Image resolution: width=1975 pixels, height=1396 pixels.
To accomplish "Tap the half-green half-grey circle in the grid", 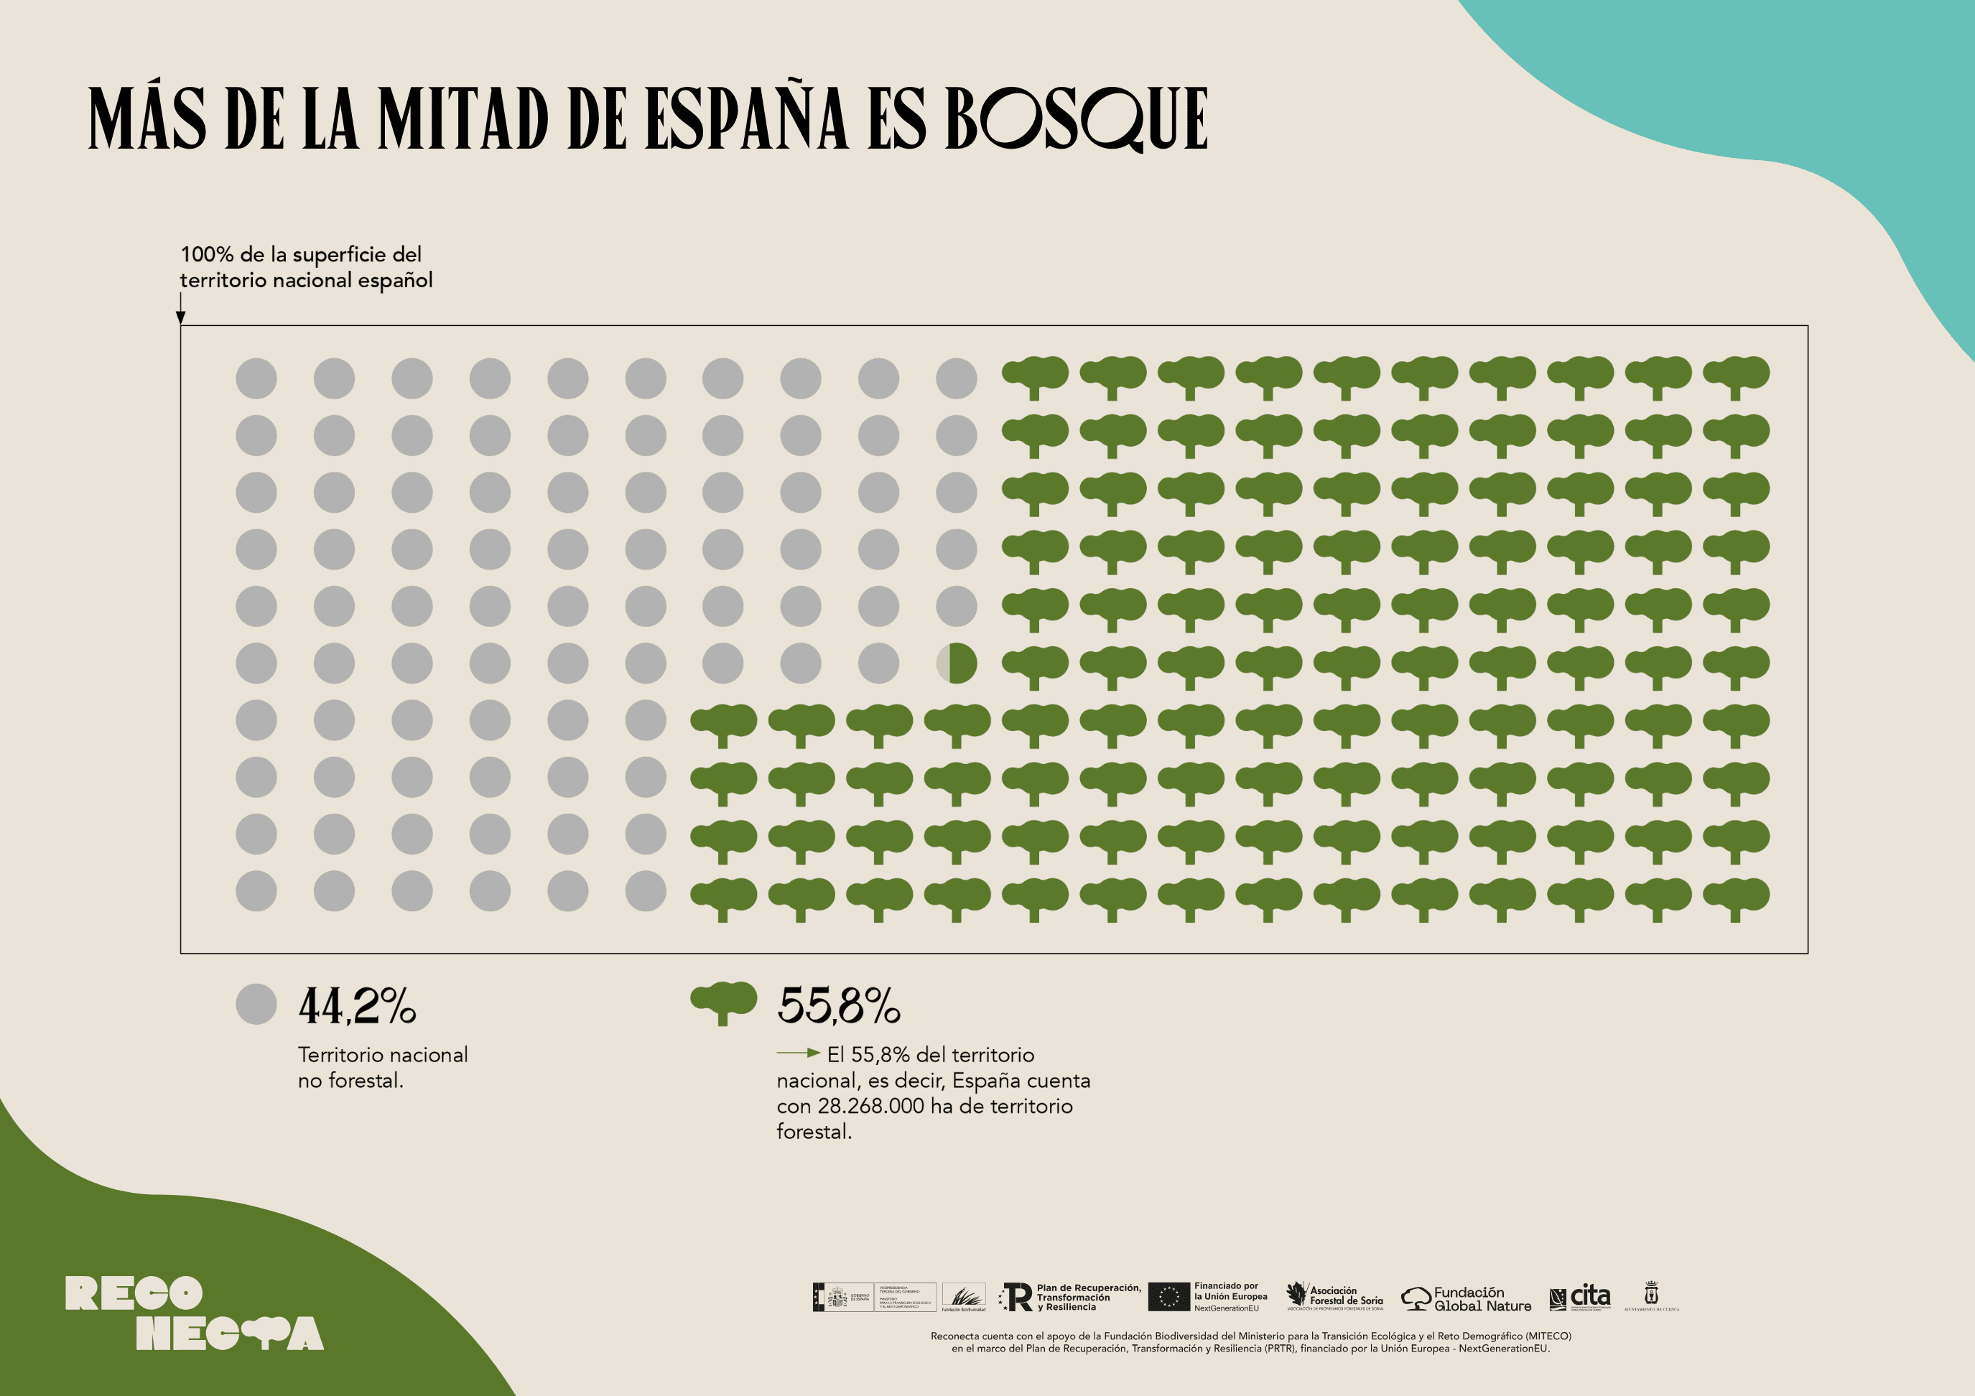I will point(957,663).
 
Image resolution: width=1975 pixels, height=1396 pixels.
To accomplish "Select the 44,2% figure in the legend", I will point(357,1005).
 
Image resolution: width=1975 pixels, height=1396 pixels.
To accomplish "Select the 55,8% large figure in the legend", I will point(838,1005).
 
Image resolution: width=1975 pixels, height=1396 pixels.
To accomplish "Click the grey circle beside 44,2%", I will point(256,1004).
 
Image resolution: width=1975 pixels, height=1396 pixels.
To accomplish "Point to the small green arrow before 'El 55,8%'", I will point(798,1053).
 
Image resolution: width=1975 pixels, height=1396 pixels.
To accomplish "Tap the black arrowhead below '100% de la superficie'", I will point(181,317).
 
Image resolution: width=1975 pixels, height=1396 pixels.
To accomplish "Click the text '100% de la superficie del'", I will point(301,255).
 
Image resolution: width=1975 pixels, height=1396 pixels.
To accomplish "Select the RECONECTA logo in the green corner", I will point(193,1313).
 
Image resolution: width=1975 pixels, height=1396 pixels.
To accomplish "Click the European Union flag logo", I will point(1168,1297).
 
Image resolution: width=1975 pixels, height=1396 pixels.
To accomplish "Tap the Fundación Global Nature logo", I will point(1467,1299).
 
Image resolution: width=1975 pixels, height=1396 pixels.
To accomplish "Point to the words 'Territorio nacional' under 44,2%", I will point(383,1056).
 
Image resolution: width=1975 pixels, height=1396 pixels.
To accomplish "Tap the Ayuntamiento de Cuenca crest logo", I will point(1650,1295).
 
